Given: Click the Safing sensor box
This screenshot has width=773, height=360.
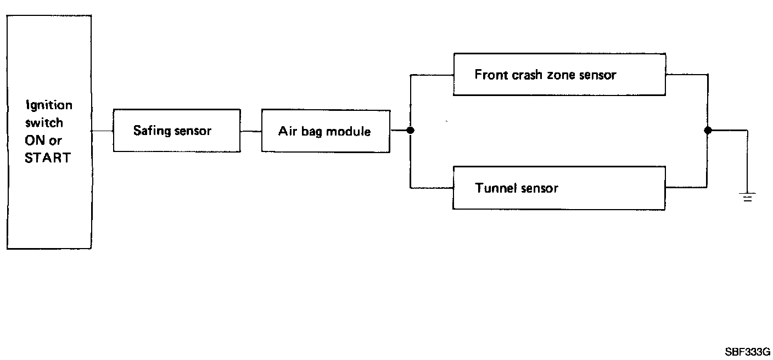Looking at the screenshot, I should point(176,131).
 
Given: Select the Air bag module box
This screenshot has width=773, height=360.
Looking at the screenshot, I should point(326,131).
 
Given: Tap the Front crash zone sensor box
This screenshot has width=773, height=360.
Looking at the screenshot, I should point(559,75).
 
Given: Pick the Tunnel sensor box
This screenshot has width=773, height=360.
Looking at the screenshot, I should point(559,188).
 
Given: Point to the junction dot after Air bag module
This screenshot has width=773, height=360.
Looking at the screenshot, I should point(410,131).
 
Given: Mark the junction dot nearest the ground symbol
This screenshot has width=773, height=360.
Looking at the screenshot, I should point(708,131).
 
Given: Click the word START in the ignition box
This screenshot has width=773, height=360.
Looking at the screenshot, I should point(48,158).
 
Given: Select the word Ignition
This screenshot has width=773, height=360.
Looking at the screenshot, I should point(48,105).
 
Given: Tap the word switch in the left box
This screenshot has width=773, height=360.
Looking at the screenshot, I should point(44,122).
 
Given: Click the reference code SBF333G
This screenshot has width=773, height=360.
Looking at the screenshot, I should point(747,351).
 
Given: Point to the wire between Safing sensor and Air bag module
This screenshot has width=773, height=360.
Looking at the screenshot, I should point(251,131).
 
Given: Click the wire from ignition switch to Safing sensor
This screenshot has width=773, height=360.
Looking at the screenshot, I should point(102,131).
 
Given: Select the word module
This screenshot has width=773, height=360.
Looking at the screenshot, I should point(349,132).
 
